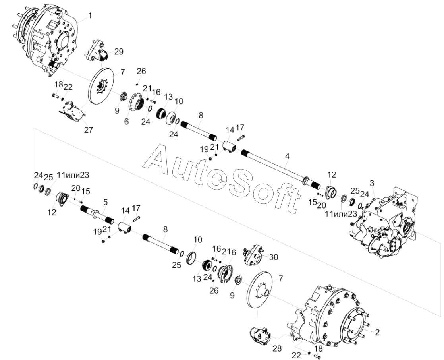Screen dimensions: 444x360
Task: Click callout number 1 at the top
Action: click(90, 15)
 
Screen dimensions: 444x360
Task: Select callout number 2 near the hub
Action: click(377, 332)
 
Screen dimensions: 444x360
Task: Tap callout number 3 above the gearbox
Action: click(372, 183)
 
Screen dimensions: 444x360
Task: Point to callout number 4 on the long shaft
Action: click(288, 156)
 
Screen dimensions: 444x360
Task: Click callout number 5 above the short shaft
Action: click(105, 202)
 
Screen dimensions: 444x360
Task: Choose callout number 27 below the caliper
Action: click(88, 130)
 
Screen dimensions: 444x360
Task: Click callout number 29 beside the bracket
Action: click(119, 52)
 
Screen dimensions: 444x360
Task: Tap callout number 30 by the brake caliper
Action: click(273, 257)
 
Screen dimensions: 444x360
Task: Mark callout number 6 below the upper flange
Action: click(126, 122)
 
